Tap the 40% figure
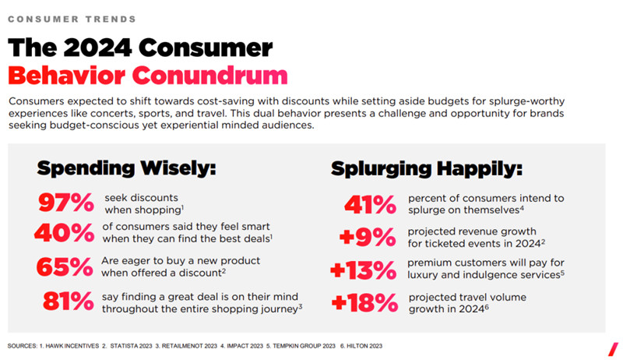pyautogui.click(x=65, y=232)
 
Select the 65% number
pyautogui.click(x=65, y=267)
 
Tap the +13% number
pyautogui.click(x=363, y=270)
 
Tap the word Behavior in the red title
pyautogui.click(x=65, y=76)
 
